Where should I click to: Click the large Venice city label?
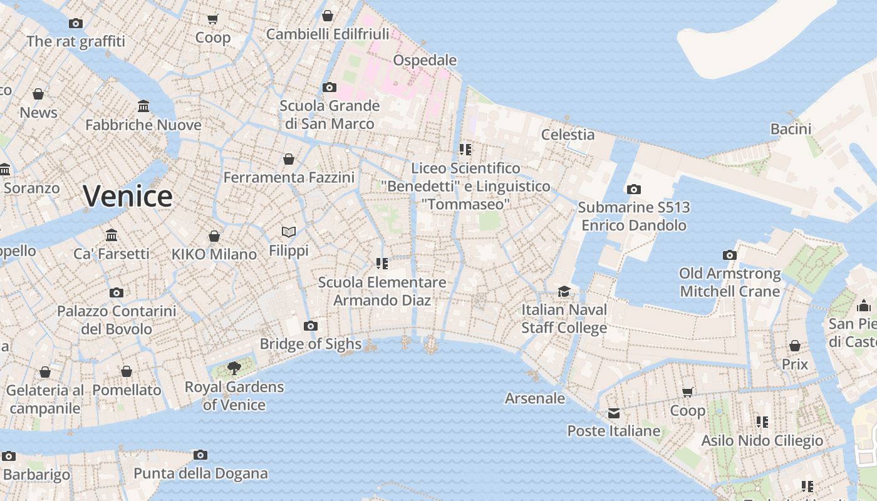128,196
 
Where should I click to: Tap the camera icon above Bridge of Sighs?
310,326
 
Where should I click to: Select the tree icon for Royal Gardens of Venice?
234,368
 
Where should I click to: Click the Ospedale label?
425,60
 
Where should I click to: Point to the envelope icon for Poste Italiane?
613,413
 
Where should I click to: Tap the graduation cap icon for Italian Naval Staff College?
564,291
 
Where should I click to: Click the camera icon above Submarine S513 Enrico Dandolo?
633,189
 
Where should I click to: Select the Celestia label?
568,134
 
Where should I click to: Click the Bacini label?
791,129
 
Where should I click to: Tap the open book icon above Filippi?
288,232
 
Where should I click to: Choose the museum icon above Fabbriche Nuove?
143,106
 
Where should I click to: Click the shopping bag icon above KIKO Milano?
214,236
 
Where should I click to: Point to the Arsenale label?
535,398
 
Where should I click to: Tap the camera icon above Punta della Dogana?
200,455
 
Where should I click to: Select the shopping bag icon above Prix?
794,346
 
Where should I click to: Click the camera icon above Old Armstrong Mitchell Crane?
729,255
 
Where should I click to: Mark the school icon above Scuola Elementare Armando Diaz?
381,264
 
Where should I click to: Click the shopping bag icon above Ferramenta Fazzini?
289,159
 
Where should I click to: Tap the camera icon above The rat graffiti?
76,23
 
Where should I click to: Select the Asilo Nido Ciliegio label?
762,440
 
